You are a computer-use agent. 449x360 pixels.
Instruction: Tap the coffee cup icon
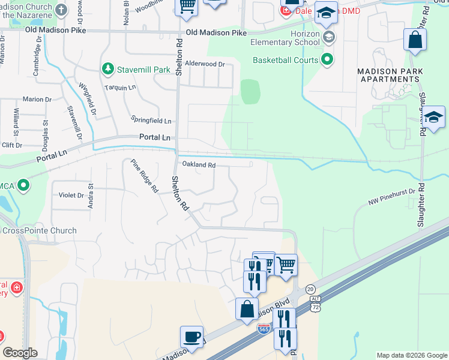tap(191, 337)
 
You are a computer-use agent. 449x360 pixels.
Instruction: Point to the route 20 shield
tap(311, 289)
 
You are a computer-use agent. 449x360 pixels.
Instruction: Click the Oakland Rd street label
tap(198, 164)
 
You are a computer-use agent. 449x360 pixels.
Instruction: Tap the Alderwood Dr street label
tap(205, 64)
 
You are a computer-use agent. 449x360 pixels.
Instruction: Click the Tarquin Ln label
tap(119, 87)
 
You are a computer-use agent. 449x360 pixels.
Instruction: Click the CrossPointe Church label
tap(39, 230)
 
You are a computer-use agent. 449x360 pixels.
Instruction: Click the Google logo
tap(20, 353)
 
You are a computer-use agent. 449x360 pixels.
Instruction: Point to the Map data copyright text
tap(411, 355)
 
